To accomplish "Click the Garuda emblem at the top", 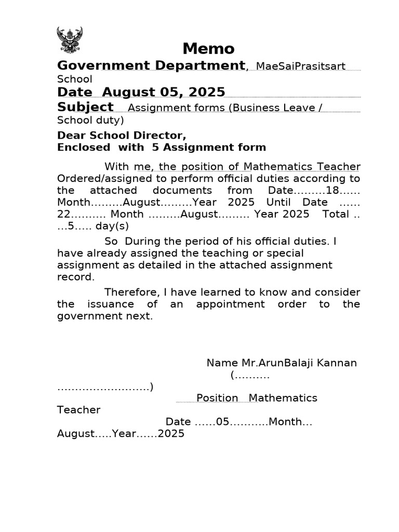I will click(x=69, y=41).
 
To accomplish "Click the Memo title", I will click(x=208, y=49).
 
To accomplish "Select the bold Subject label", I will click(x=85, y=107).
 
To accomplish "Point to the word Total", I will click(x=336, y=214).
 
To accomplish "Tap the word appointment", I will click(x=230, y=304).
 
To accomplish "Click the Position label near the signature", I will click(x=217, y=398).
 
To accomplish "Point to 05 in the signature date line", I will click(x=222, y=422).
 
